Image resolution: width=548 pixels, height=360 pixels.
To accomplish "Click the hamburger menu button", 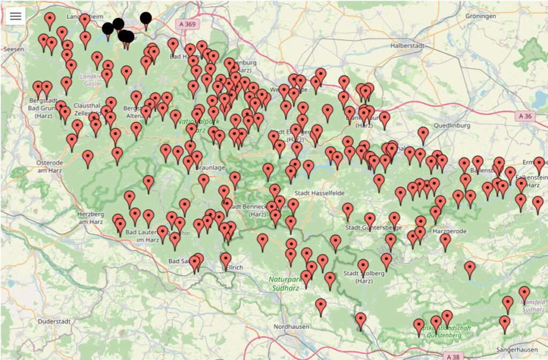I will [x=16, y=16].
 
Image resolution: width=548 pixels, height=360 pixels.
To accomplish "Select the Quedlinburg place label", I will [x=453, y=126].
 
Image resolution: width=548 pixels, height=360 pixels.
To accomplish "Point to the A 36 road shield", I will [x=526, y=116].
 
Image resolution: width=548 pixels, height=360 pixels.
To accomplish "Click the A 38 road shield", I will [x=453, y=356].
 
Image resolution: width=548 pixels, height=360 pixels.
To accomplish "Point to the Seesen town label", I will [x=13, y=49].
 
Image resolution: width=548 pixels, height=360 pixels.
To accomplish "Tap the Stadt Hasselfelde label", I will [x=320, y=193].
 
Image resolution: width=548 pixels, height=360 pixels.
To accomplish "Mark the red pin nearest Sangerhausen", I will [x=505, y=323].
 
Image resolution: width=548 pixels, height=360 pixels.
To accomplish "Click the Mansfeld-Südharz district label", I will [x=533, y=305].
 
